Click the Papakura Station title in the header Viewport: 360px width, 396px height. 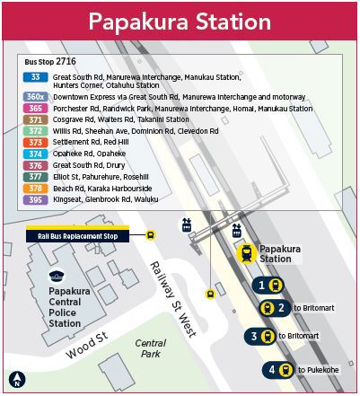[180, 20]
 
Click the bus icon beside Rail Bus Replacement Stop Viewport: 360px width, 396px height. [150, 236]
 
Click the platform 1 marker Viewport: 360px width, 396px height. [269, 285]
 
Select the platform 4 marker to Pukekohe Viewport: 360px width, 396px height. [279, 369]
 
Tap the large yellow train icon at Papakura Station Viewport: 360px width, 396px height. [246, 253]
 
